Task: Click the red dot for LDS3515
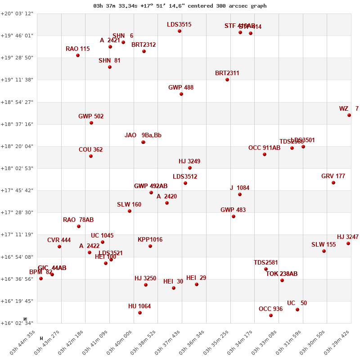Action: pyautogui.click(x=180, y=31)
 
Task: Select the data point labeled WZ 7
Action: pyautogui.click(x=349, y=115)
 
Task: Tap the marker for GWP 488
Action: pyautogui.click(x=181, y=94)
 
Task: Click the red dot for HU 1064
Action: pyautogui.click(x=140, y=313)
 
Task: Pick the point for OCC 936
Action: pyautogui.click(x=271, y=315)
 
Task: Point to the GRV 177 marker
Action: pyautogui.click(x=333, y=183)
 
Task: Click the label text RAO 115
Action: pyautogui.click(x=77, y=49)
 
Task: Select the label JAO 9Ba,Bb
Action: pyautogui.click(x=143, y=135)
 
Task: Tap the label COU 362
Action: pyautogui.click(x=90, y=150)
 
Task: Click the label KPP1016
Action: pyautogui.click(x=150, y=240)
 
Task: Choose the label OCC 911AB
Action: pyautogui.click(x=264, y=148)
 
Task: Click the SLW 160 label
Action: pyautogui.click(x=129, y=205)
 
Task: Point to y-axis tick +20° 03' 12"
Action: pyautogui.click(x=17, y=13)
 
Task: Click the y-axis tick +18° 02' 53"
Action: pyautogui.click(x=17, y=168)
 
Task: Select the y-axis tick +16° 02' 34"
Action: pyautogui.click(x=17, y=323)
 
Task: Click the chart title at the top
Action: pyautogui.click(x=180, y=6)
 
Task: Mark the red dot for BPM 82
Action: pyautogui.click(x=41, y=279)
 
